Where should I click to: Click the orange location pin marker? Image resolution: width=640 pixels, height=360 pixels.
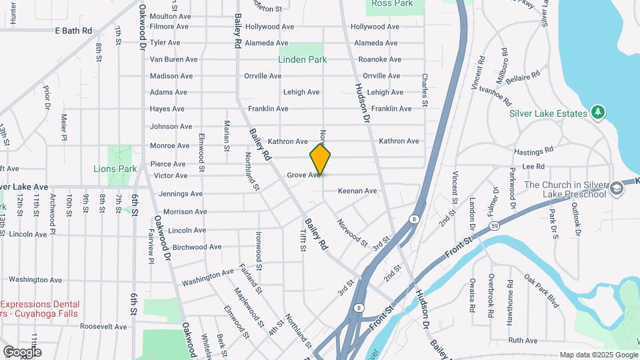[x=320, y=160]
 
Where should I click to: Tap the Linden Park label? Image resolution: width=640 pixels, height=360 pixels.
[x=303, y=59]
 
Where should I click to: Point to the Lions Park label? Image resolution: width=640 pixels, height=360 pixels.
[x=115, y=169]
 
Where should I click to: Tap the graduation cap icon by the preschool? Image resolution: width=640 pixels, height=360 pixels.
[x=617, y=189]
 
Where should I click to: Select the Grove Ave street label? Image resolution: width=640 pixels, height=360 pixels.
[x=303, y=175]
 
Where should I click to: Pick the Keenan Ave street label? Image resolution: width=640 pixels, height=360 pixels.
[x=357, y=191]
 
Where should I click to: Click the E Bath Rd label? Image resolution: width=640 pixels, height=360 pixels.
[x=73, y=31]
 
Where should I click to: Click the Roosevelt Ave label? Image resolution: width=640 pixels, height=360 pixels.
[x=103, y=327]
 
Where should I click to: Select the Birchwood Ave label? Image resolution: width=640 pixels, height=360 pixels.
[x=197, y=247]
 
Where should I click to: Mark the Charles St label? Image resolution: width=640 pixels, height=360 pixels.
[x=424, y=89]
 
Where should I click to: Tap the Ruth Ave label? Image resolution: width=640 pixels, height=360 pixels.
[x=523, y=341]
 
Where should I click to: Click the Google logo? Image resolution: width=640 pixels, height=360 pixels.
[x=22, y=352]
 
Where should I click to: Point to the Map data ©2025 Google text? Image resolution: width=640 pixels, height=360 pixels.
[x=598, y=355]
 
